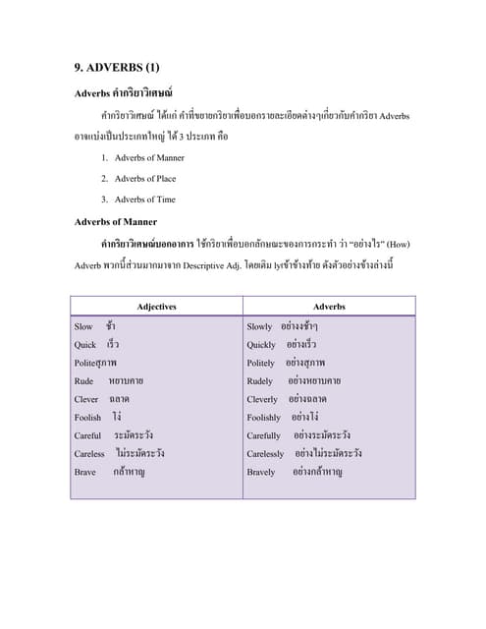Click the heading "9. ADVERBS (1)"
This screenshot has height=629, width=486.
pyautogui.click(x=116, y=68)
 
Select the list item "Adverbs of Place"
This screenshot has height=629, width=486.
pyautogui.click(x=145, y=178)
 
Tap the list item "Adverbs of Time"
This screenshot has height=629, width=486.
pyautogui.click(x=144, y=200)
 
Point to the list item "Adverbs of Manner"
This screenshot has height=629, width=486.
pyautogui.click(x=149, y=157)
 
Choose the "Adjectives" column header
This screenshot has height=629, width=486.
pyautogui.click(x=157, y=307)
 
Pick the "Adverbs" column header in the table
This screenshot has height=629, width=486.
pyautogui.click(x=329, y=307)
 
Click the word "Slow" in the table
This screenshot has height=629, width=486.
pyautogui.click(x=83, y=326)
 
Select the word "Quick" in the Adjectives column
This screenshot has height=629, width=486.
pyautogui.click(x=85, y=345)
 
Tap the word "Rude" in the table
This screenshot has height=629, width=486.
pyautogui.click(x=84, y=381)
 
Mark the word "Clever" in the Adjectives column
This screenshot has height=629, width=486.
pyautogui.click(x=86, y=400)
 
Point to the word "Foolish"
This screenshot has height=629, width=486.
pyautogui.click(x=87, y=418)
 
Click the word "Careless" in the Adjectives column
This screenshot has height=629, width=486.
pyautogui.click(x=89, y=454)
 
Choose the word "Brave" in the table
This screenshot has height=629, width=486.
pyautogui.click(x=86, y=473)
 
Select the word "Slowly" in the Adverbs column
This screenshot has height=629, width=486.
pyautogui.click(x=260, y=326)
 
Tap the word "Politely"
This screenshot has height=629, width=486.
pyautogui.click(x=261, y=363)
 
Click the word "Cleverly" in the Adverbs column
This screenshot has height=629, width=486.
pyautogui.click(x=263, y=400)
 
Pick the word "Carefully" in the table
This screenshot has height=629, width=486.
pyautogui.click(x=264, y=435)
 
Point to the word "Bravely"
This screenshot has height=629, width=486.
pyautogui.click(x=262, y=473)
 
